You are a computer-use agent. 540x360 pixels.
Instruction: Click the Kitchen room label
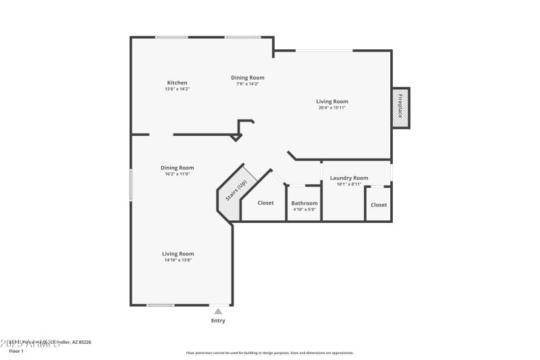(x=178, y=83)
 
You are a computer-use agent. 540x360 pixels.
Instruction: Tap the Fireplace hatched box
(x=400, y=107)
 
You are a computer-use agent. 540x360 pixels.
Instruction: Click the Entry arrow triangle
(x=218, y=311)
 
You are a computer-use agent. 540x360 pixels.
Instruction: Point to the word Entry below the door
(x=218, y=321)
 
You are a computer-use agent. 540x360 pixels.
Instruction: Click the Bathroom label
(x=304, y=203)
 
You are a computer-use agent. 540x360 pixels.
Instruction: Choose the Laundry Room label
(x=349, y=178)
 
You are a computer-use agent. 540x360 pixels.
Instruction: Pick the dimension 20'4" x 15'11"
(x=332, y=107)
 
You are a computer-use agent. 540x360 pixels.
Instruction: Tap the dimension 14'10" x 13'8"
(x=178, y=260)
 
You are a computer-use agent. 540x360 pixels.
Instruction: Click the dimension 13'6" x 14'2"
(x=178, y=89)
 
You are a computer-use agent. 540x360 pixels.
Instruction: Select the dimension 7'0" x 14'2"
(x=248, y=84)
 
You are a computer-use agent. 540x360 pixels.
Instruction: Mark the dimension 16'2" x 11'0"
(x=178, y=174)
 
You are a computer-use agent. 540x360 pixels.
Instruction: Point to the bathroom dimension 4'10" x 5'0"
(x=304, y=209)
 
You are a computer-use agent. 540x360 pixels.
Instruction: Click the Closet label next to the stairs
(x=266, y=203)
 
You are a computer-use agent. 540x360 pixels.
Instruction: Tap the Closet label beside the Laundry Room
(x=379, y=205)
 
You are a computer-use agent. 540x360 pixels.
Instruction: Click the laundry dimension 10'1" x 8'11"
(x=349, y=184)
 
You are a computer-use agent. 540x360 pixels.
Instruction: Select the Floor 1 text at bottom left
(x=16, y=351)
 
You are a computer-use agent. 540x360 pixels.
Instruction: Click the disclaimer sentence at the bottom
(x=270, y=353)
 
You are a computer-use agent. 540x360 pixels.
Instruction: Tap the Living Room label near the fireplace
(x=332, y=101)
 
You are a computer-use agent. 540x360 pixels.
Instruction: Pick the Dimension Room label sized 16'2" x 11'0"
(x=178, y=168)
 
